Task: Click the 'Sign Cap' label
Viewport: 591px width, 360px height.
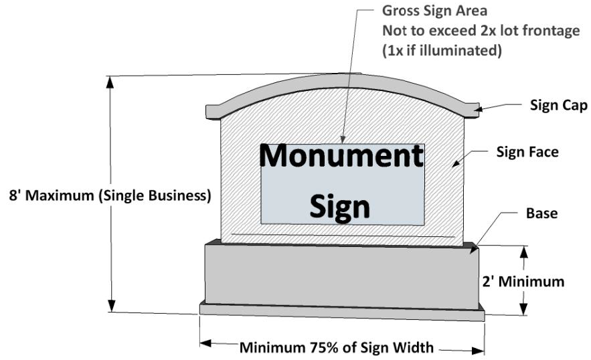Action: [x=558, y=105]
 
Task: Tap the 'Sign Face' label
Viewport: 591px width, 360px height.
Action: [x=527, y=152]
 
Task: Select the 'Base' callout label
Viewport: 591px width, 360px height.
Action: [x=542, y=214]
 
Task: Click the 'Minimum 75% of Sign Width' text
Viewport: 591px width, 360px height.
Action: [x=337, y=347]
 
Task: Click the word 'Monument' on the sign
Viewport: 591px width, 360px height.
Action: [x=341, y=157]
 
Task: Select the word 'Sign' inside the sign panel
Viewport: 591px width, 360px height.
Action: [x=340, y=206]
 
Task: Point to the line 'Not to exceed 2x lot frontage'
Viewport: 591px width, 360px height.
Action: [x=481, y=31]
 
